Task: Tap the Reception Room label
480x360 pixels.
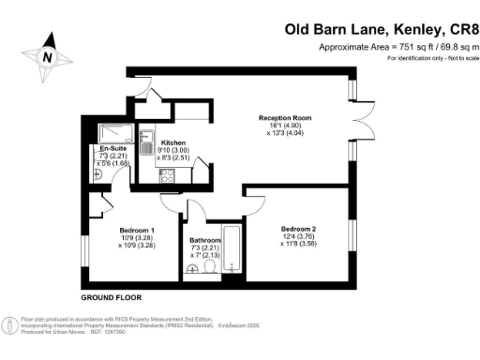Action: coord(285,118)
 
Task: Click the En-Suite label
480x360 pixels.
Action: coord(112,149)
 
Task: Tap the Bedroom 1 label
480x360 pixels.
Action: coord(137,230)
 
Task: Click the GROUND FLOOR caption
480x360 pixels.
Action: coord(111,296)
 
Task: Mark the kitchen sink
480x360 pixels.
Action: coord(145,143)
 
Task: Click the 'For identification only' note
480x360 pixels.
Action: coord(433,59)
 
